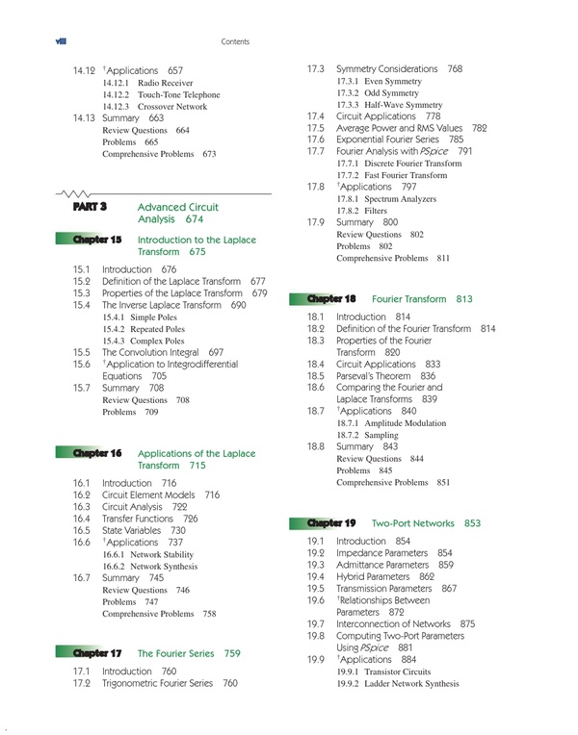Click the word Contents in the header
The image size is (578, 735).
tap(235, 42)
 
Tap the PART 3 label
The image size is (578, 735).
tap(89, 207)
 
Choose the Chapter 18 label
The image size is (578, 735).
tap(330, 298)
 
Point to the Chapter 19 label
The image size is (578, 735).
tap(330, 522)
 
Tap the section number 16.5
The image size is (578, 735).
tap(82, 530)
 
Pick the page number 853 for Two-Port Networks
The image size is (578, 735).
tap(471, 523)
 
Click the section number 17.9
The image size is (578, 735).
tap(315, 222)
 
